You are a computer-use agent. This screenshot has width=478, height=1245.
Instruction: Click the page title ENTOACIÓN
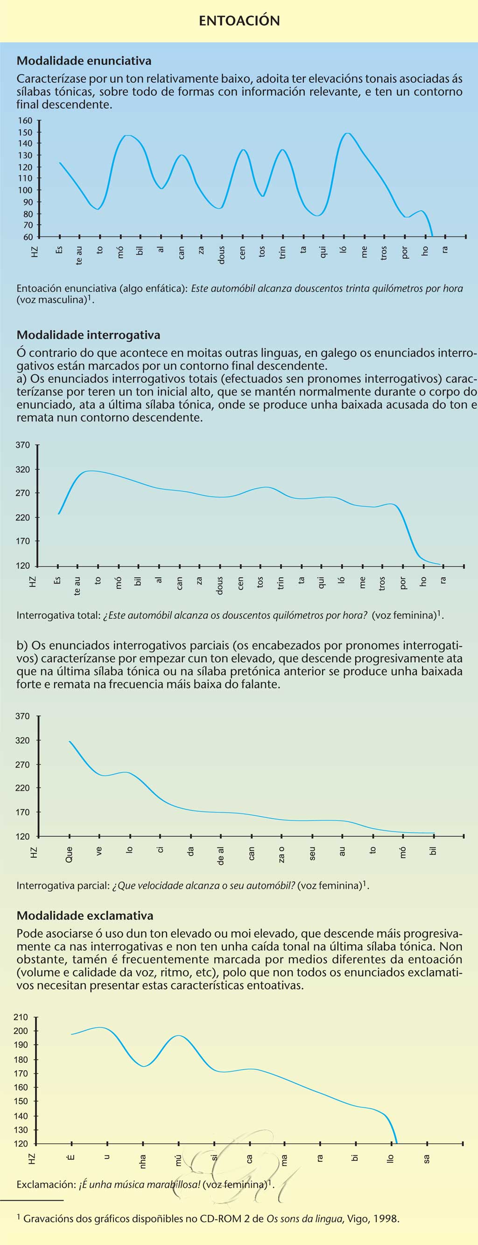coord(239,21)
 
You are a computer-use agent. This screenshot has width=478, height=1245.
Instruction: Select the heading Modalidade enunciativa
coord(84,61)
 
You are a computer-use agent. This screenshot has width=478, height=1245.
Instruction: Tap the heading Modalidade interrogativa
coord(88,335)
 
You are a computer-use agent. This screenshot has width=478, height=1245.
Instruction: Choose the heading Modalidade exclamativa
coord(85,915)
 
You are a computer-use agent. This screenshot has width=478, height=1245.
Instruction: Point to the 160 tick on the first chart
coord(25,121)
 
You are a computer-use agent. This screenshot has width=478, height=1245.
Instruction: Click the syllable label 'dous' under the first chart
coord(221,254)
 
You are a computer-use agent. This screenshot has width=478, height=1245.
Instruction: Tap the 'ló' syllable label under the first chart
coord(343,250)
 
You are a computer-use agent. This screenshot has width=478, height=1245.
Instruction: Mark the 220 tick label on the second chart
coord(23,517)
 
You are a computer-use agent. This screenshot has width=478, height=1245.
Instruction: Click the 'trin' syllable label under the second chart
coord(281,583)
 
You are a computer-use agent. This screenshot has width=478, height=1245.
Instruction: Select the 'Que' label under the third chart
coord(69,855)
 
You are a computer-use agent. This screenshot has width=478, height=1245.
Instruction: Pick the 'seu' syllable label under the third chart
coord(312,854)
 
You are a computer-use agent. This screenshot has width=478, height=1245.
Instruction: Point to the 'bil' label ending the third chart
coord(433,850)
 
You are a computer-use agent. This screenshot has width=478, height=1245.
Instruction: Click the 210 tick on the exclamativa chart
coord(21,1017)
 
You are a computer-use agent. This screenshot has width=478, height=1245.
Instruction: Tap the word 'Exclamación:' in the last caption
coord(46,1184)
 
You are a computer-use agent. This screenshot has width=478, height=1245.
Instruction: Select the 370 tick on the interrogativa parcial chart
coord(23,716)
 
